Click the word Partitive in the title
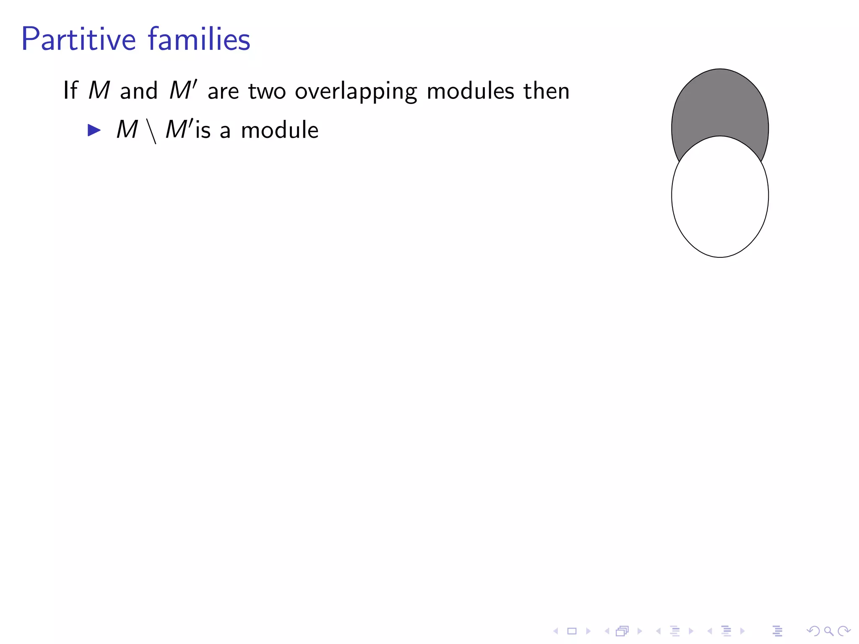pyautogui.click(x=78, y=39)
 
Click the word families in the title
pyautogui.click(x=199, y=39)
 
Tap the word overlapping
pyautogui.click(x=356, y=91)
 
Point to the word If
pyautogui.click(x=70, y=91)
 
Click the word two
pyautogui.click(x=267, y=91)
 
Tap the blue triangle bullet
pyautogui.click(x=94, y=130)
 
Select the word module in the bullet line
pyautogui.click(x=279, y=130)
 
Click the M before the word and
pyautogui.click(x=99, y=91)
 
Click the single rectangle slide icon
pyautogui.click(x=572, y=631)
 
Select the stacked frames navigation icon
pyautogui.click(x=622, y=631)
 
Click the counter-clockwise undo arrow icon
pyautogui.click(x=813, y=631)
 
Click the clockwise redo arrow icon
pyautogui.click(x=843, y=631)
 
